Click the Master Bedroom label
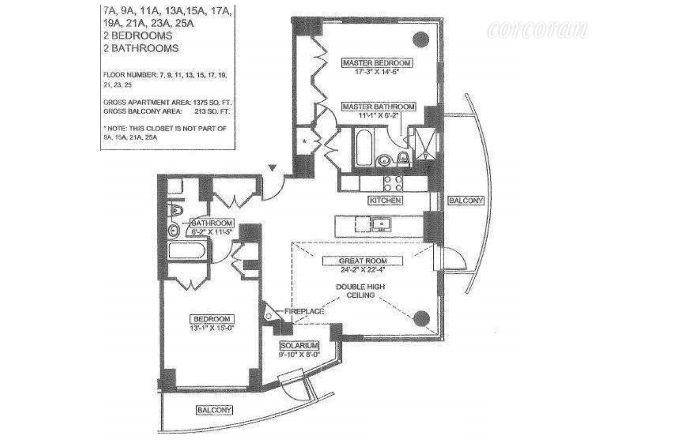click(377, 63)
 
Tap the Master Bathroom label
click(378, 106)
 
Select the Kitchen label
click(385, 200)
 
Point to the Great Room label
click(362, 261)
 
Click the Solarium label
click(299, 346)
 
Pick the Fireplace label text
click(304, 311)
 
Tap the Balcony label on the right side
click(466, 200)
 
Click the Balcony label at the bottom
click(215, 410)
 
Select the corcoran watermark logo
click(537, 30)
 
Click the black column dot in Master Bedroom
click(421, 39)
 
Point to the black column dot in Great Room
click(421, 318)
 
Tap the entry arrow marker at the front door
click(272, 168)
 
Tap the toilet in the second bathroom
click(175, 210)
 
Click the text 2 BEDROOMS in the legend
click(138, 36)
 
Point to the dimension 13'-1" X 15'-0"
click(212, 328)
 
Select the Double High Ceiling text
click(361, 291)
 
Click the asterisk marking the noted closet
click(305, 141)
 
